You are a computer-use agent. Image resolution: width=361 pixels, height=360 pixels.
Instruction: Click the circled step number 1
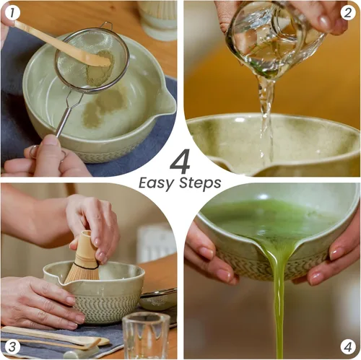[x=12, y=12]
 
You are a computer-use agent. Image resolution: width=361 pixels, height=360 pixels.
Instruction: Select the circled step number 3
[x=12, y=346]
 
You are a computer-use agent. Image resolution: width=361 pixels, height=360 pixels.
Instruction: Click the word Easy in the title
[x=156, y=183]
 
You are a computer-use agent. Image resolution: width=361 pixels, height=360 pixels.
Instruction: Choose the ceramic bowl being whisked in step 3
[x=108, y=296]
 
